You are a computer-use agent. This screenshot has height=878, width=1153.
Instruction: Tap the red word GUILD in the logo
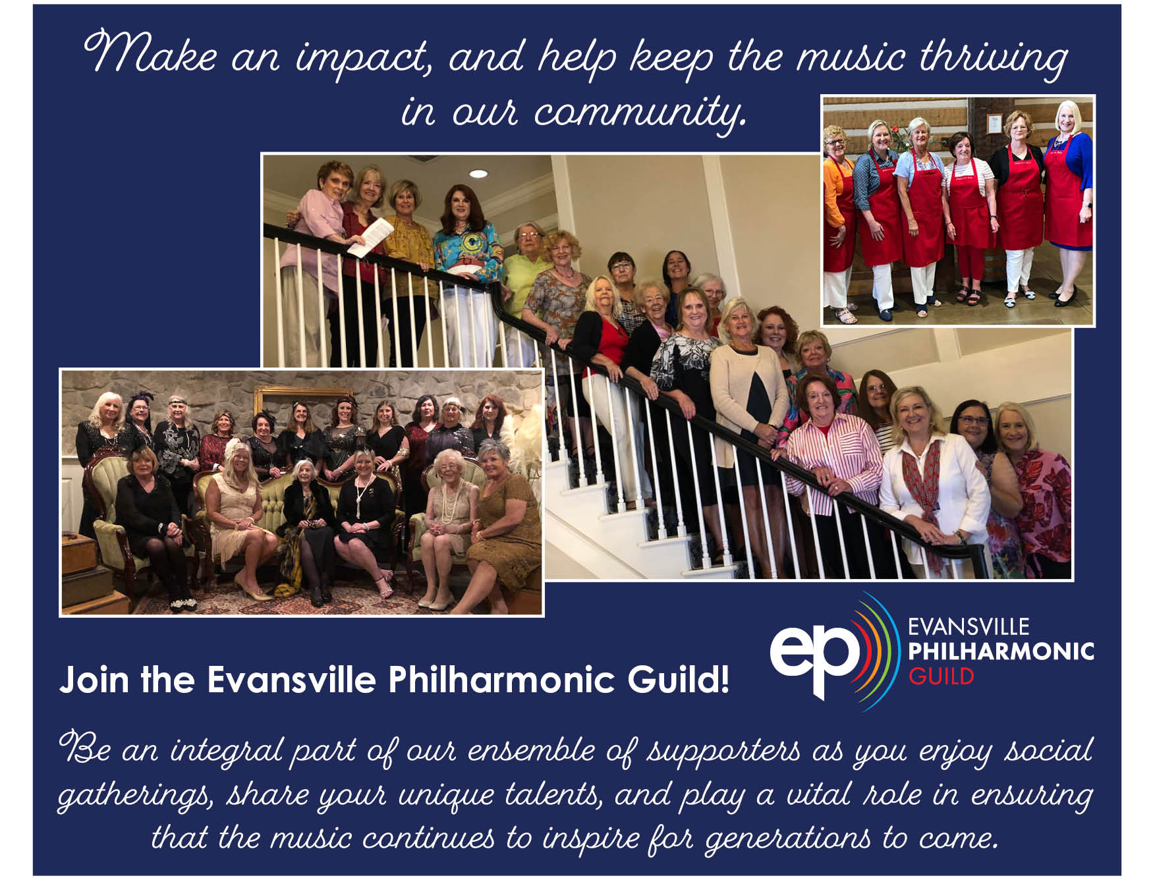point(940,676)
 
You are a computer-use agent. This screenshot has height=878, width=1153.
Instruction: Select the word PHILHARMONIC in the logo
point(1000,651)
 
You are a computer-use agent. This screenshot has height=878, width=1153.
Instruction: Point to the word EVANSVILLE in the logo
point(968,626)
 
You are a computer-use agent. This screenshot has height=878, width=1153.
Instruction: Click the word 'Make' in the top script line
point(150,53)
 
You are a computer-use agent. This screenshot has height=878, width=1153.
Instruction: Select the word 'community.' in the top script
point(639,112)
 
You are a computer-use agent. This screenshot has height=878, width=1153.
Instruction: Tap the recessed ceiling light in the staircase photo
point(478,174)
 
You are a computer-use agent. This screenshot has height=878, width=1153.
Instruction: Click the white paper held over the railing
point(370,236)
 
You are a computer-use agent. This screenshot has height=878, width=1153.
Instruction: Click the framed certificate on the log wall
point(994,123)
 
